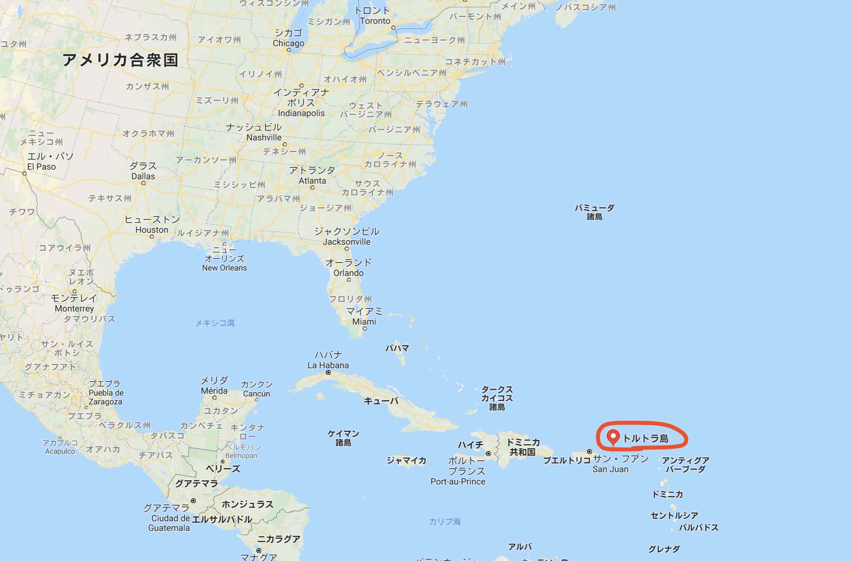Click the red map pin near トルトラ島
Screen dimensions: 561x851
(613, 436)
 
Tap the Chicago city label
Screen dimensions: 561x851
(288, 43)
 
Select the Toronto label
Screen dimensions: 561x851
(374, 21)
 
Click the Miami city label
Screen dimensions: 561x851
(364, 322)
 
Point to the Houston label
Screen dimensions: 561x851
(151, 230)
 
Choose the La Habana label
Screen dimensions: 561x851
(328, 365)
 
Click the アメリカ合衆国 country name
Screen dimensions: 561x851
(120, 60)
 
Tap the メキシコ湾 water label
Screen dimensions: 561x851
(215, 323)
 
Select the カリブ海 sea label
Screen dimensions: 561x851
(444, 521)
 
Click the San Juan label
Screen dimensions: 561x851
(610, 469)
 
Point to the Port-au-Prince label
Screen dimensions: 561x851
(457, 481)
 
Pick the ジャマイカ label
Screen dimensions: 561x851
(406, 460)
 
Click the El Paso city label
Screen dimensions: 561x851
(41, 167)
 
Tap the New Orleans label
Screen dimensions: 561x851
(224, 268)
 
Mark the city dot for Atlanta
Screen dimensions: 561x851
(312, 187)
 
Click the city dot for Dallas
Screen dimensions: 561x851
(143, 183)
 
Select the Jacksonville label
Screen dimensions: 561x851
(346, 242)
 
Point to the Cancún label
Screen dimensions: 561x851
(256, 394)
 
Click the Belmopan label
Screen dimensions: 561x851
(241, 456)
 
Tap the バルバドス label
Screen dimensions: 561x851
(698, 527)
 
